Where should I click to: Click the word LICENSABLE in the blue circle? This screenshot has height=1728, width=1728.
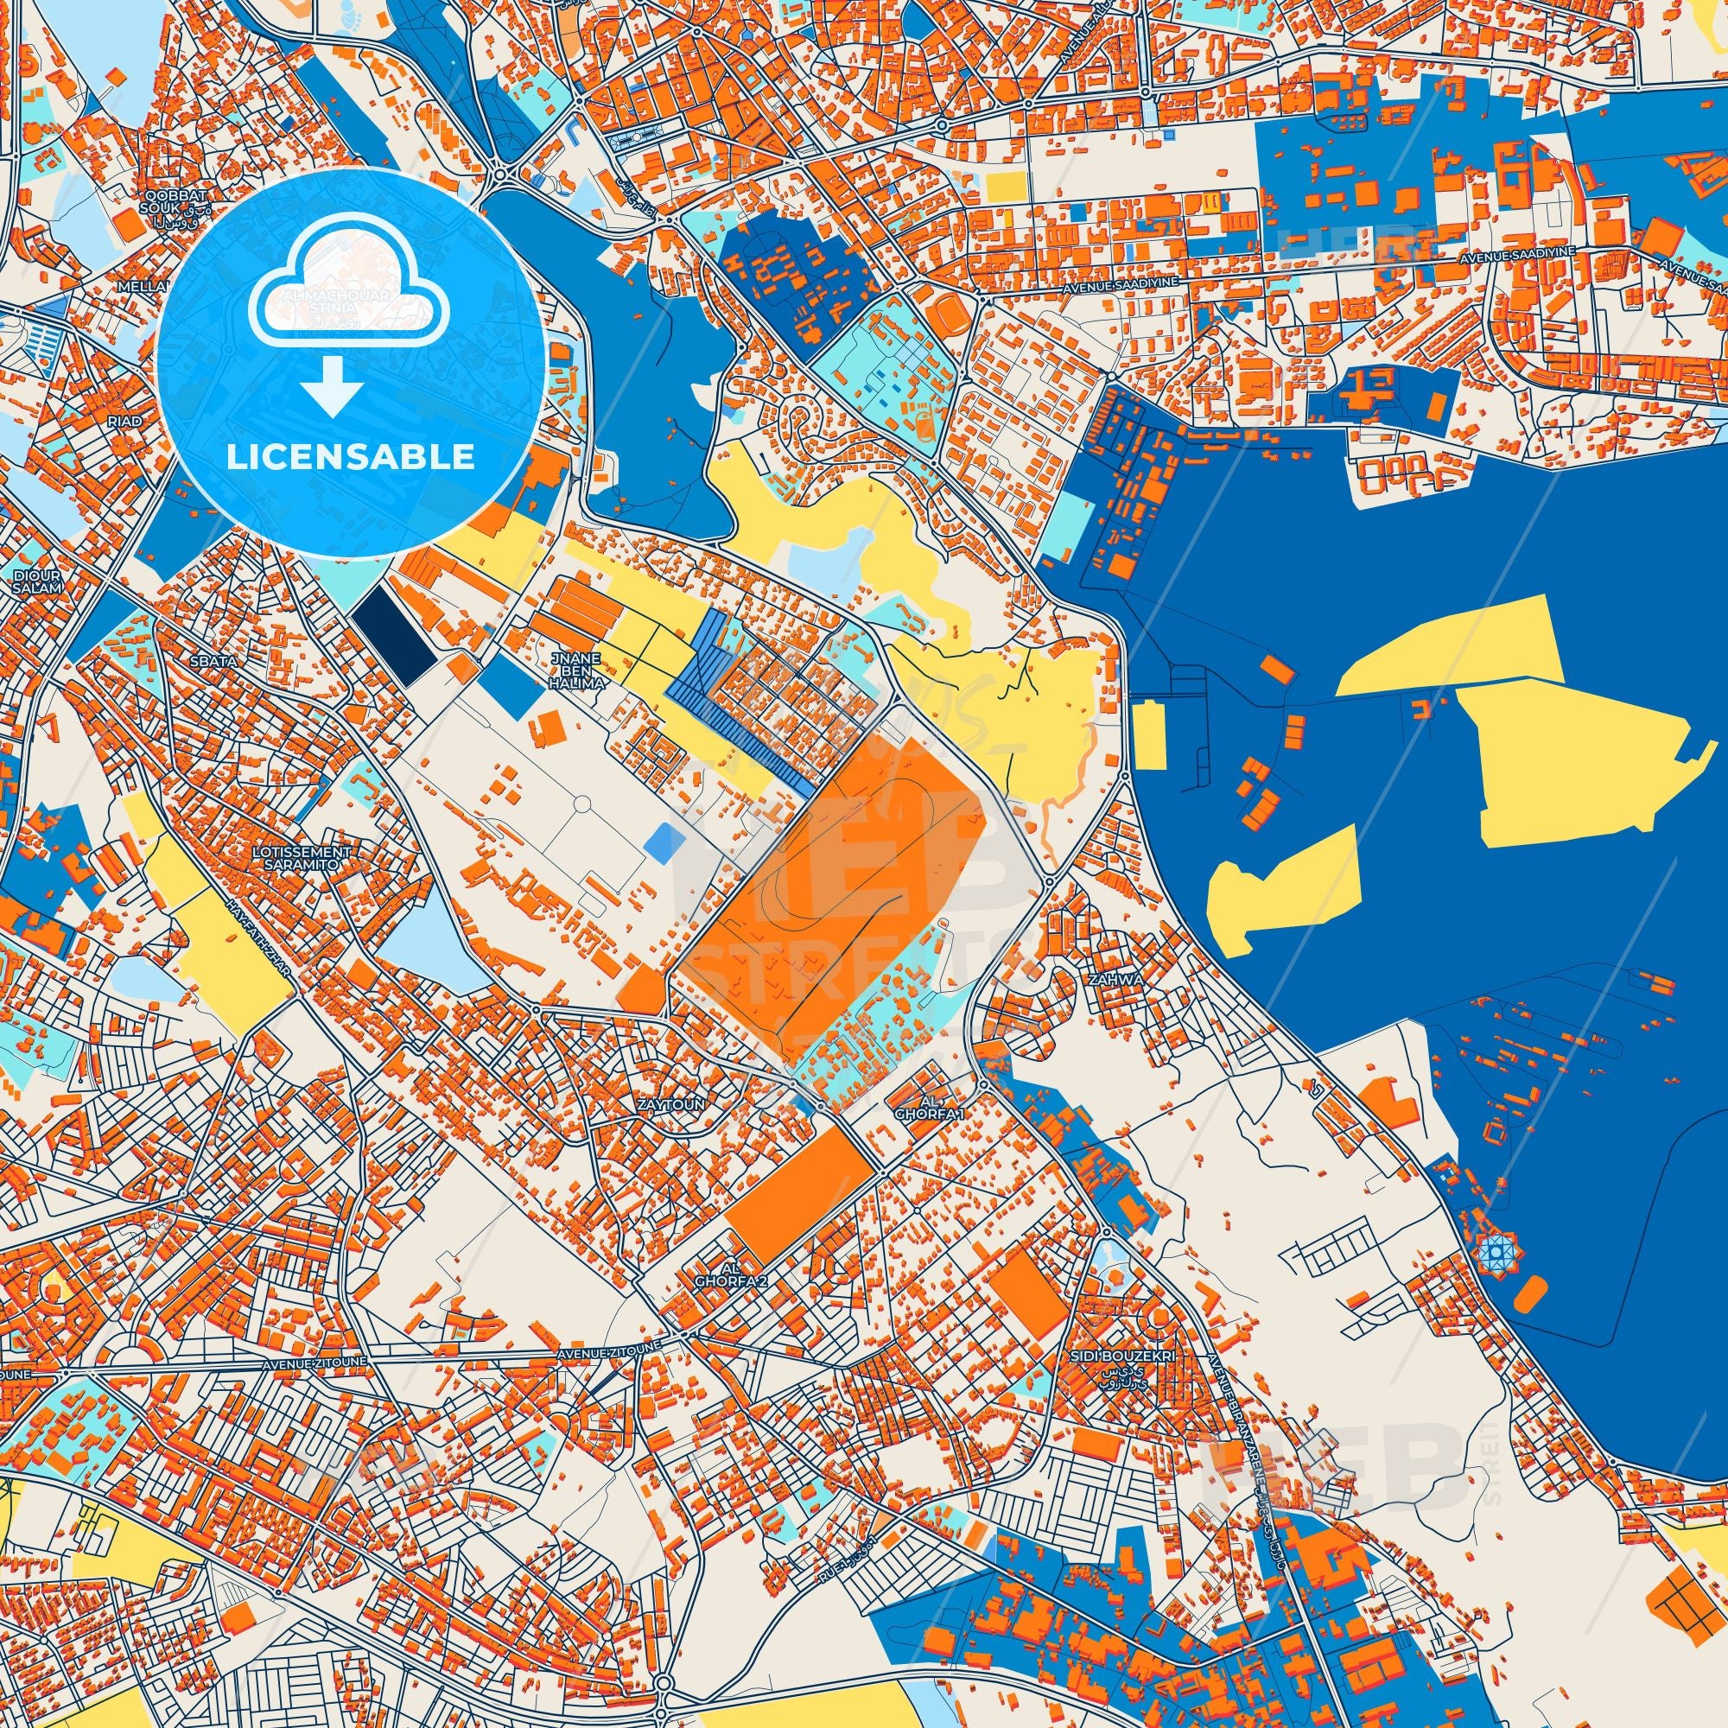350,457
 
